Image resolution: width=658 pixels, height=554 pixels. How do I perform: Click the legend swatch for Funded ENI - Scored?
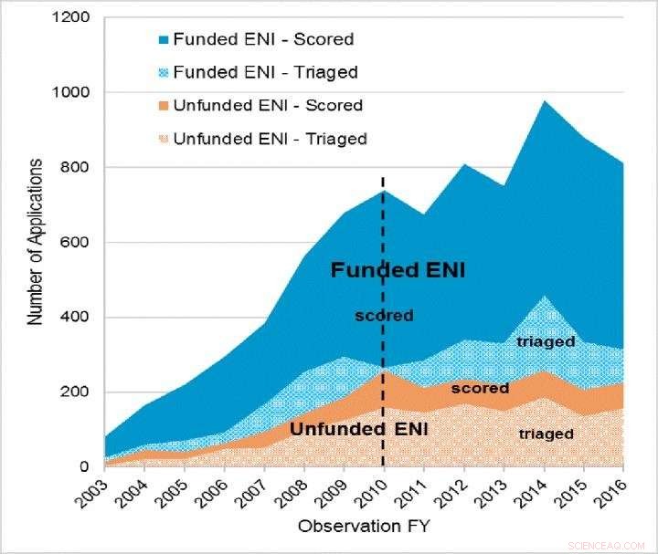[163, 40]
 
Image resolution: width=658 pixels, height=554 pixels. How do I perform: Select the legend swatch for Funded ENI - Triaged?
[163, 73]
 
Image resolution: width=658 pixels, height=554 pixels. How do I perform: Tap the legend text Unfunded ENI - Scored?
[268, 106]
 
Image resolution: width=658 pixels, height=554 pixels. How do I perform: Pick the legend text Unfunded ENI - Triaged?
[270, 139]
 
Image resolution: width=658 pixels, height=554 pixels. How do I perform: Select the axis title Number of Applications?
[35, 242]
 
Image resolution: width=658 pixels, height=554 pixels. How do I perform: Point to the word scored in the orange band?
[479, 388]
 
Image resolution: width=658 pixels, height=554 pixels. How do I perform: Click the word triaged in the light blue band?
[545, 341]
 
